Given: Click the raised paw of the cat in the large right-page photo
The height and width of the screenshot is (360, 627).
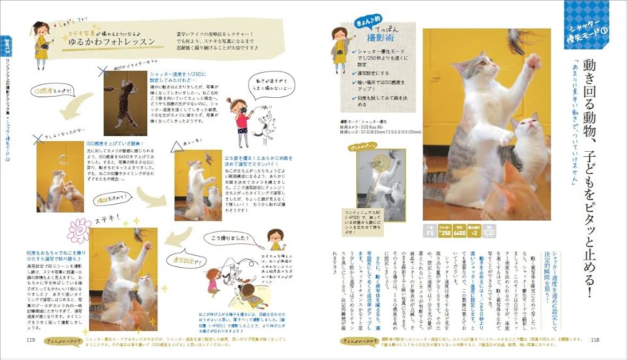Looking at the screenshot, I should point(533,61).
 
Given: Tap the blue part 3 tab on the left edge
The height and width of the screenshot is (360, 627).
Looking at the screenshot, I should point(6,47).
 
